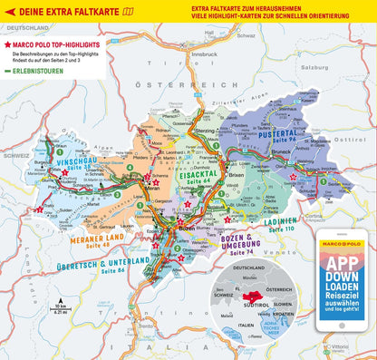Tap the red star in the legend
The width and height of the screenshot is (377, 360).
(x=8, y=44)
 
